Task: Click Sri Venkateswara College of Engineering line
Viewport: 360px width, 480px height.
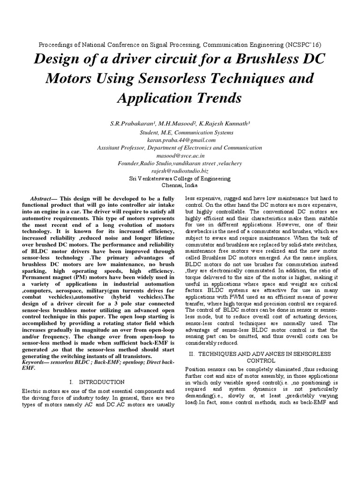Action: [180, 178]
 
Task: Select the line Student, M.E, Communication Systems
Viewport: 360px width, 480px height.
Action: [180, 132]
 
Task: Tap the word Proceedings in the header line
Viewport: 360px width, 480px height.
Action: [55, 45]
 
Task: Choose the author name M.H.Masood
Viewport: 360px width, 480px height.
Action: [173, 124]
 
